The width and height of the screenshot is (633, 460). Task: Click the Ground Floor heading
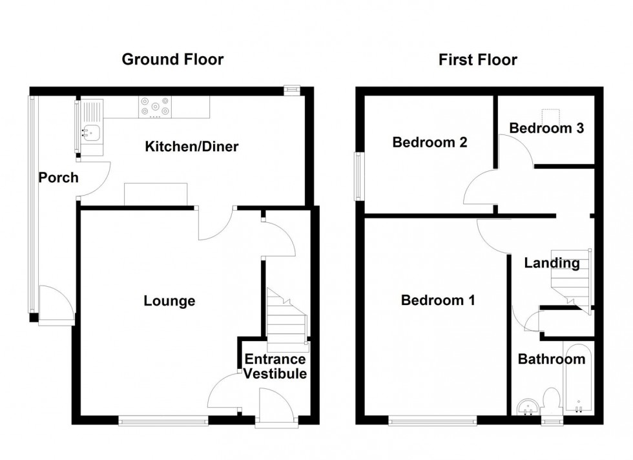point(172,60)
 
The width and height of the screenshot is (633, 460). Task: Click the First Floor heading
point(477,60)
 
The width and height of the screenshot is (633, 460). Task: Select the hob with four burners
point(156,107)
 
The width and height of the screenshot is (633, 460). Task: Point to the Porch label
point(58,177)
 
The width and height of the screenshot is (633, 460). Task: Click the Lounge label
point(169,301)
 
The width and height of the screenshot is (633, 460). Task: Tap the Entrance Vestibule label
point(275,367)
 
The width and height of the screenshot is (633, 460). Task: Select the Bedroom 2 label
point(430,142)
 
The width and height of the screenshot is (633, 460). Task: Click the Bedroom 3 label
point(546,128)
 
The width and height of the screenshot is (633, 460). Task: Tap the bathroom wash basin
point(529,406)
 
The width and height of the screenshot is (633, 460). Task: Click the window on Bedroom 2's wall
point(357,176)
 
